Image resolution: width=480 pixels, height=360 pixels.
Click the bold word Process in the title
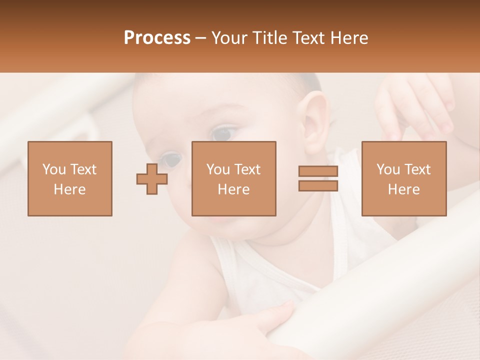pos(157,38)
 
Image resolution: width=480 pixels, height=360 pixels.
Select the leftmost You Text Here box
pos(69,178)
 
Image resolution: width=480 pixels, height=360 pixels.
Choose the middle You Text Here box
pos(233,178)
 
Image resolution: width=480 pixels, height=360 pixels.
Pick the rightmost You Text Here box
pos(403,178)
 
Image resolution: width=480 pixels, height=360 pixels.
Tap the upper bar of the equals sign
pos(318,171)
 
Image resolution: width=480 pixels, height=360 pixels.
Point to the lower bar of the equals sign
pos(318,185)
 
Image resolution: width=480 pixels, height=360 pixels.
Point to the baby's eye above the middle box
pos(223,133)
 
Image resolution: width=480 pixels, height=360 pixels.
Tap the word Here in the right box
pos(403,189)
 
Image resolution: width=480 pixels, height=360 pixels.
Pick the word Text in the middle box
pos(247,169)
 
